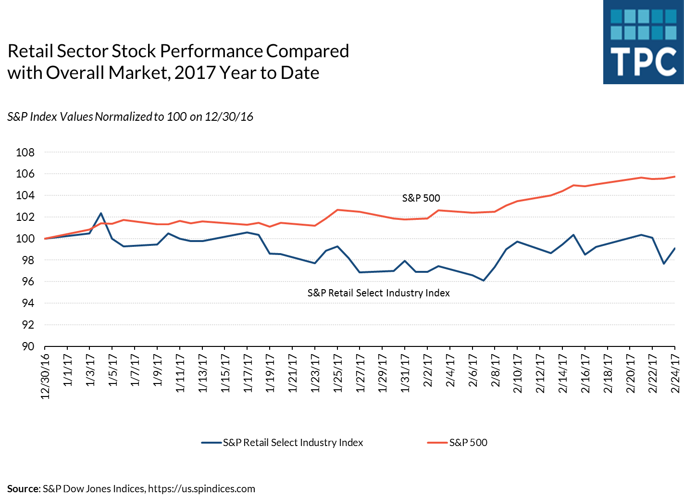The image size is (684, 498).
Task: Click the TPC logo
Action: [x=643, y=42]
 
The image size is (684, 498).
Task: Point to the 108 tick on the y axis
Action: [x=25, y=153]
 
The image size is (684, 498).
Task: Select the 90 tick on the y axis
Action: [x=28, y=346]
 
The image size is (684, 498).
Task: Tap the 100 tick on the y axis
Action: [x=25, y=239]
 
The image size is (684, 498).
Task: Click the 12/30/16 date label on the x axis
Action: [x=45, y=376]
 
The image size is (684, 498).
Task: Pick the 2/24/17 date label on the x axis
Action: [x=675, y=373]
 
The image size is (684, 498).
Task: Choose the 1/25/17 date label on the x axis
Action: [x=337, y=373]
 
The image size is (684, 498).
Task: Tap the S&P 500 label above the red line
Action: [x=421, y=198]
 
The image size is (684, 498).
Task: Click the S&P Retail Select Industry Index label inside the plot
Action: [x=378, y=293]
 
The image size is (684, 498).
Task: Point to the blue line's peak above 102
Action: [x=101, y=213]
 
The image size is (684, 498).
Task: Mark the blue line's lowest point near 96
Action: [x=484, y=281]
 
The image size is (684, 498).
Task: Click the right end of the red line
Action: [x=675, y=177]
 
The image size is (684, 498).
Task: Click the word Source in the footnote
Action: [x=23, y=489]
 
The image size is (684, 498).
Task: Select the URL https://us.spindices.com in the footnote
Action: [x=201, y=489]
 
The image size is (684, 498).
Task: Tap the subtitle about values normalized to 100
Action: [x=130, y=117]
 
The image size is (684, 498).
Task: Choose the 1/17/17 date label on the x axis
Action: [x=248, y=373]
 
